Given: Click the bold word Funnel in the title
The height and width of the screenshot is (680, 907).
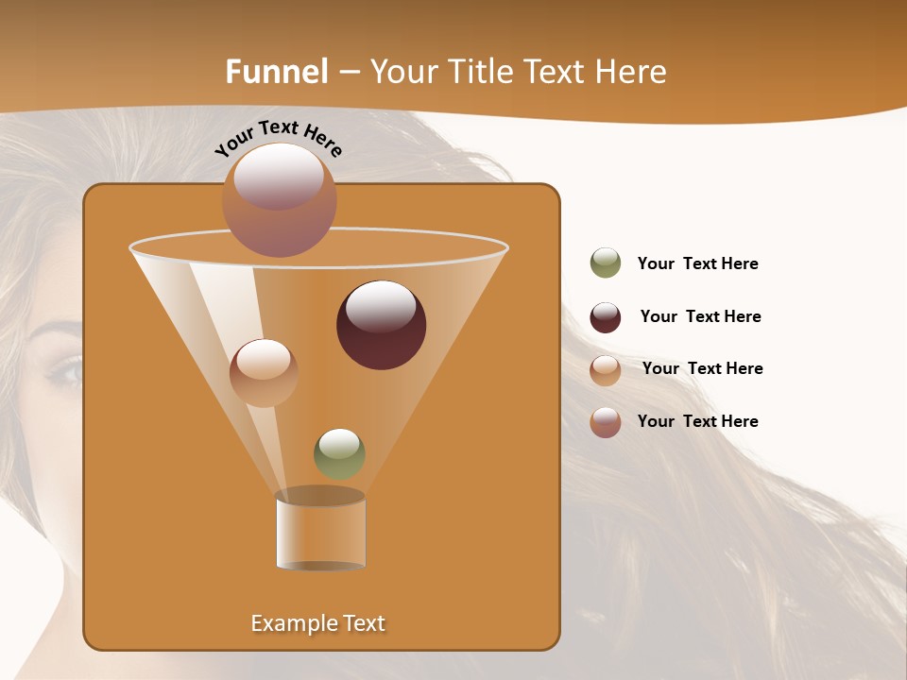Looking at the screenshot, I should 277,72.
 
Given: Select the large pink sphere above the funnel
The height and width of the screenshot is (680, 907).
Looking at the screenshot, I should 279,200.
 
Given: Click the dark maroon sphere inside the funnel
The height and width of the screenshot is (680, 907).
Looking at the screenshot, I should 381,325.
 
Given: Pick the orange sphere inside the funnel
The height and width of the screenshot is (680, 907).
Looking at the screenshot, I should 264,373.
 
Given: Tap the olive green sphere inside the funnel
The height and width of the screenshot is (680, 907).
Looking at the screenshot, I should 339,453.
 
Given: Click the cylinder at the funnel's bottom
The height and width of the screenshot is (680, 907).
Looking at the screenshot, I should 320,531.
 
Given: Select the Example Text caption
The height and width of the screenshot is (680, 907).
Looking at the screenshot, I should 317,623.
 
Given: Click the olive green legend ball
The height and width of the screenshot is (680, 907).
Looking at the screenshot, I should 606,263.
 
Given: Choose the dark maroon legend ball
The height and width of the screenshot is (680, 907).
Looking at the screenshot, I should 606,317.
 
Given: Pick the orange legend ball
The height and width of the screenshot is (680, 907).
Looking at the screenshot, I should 606,369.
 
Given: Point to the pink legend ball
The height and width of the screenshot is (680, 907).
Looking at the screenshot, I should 606,422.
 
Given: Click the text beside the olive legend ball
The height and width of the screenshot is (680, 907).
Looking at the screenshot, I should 697,264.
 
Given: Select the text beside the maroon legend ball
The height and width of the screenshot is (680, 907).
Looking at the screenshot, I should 700,317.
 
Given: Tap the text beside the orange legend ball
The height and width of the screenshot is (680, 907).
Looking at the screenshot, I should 702,369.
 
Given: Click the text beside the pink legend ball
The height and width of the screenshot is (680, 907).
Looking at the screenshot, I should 697,422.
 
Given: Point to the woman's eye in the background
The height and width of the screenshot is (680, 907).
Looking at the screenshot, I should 66,370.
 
